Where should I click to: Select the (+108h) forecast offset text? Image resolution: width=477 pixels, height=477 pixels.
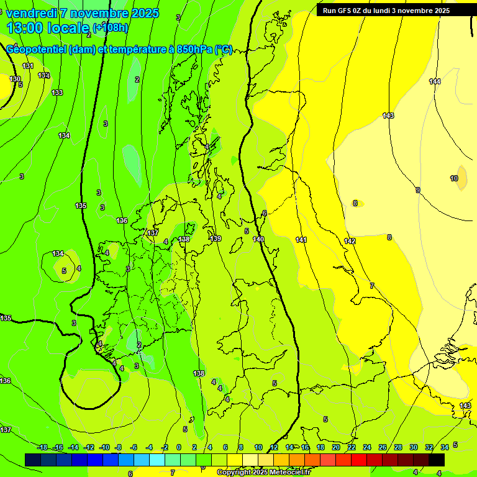[111, 28]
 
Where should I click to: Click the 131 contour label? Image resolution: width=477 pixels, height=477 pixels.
[27, 66]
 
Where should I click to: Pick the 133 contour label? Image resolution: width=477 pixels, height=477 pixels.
[57, 93]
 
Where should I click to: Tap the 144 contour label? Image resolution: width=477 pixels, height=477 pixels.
[435, 81]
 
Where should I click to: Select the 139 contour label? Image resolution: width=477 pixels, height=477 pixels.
[216, 238]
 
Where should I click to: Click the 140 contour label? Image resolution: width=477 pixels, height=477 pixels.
[258, 239]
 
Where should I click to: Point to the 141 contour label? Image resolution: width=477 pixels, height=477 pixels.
[301, 240]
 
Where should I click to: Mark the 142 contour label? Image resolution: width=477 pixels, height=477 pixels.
[350, 241]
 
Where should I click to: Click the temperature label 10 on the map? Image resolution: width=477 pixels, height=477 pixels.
[454, 178]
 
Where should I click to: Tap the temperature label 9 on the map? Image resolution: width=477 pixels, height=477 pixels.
[418, 190]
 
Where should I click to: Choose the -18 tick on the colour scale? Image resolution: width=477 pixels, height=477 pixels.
[42, 447]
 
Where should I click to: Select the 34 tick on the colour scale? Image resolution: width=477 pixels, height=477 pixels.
[445, 447]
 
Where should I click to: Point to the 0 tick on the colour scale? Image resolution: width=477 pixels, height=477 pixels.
[179, 447]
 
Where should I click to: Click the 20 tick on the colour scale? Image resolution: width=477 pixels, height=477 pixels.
[336, 447]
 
